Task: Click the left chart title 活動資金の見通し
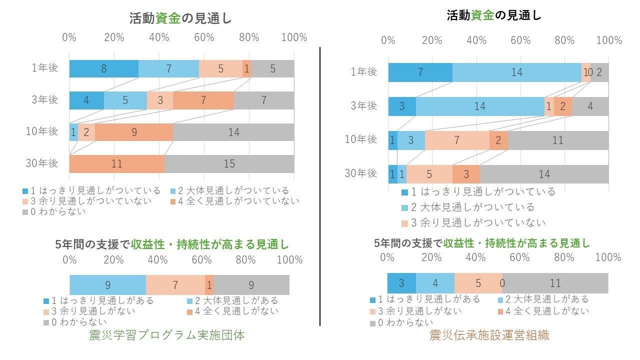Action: click(x=180, y=18)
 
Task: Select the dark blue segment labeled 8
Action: click(x=103, y=68)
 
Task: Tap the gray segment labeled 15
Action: click(x=229, y=164)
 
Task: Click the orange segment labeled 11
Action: click(x=117, y=164)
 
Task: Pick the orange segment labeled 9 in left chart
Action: click(x=134, y=132)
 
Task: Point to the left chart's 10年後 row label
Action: click(x=42, y=131)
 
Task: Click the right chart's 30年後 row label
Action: click(x=361, y=173)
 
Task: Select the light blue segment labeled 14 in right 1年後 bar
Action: click(x=516, y=72)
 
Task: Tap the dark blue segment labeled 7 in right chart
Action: click(x=420, y=72)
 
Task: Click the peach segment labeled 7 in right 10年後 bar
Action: click(x=457, y=140)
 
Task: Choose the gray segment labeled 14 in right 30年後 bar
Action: click(x=544, y=174)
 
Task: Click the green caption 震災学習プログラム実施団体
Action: click(x=167, y=335)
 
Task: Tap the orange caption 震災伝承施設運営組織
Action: click(x=489, y=335)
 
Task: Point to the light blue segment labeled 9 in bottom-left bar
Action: click(x=107, y=285)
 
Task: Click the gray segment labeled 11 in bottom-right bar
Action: click(x=555, y=283)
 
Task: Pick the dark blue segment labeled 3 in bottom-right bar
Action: click(x=401, y=283)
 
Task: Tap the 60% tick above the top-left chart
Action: click(x=204, y=37)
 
